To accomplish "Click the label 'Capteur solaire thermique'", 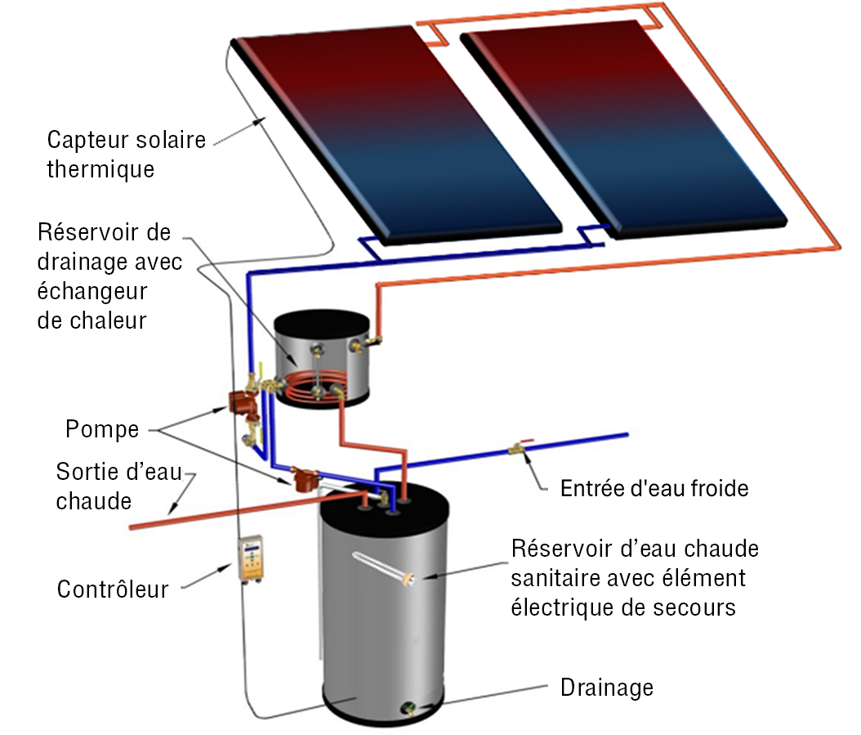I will [126, 154].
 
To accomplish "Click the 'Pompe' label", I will [101, 429].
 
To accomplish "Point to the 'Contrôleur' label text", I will [112, 589].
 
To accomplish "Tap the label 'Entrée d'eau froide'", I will [654, 489].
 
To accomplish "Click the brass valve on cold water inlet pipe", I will [517, 448].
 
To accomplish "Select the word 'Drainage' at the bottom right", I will [606, 688].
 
